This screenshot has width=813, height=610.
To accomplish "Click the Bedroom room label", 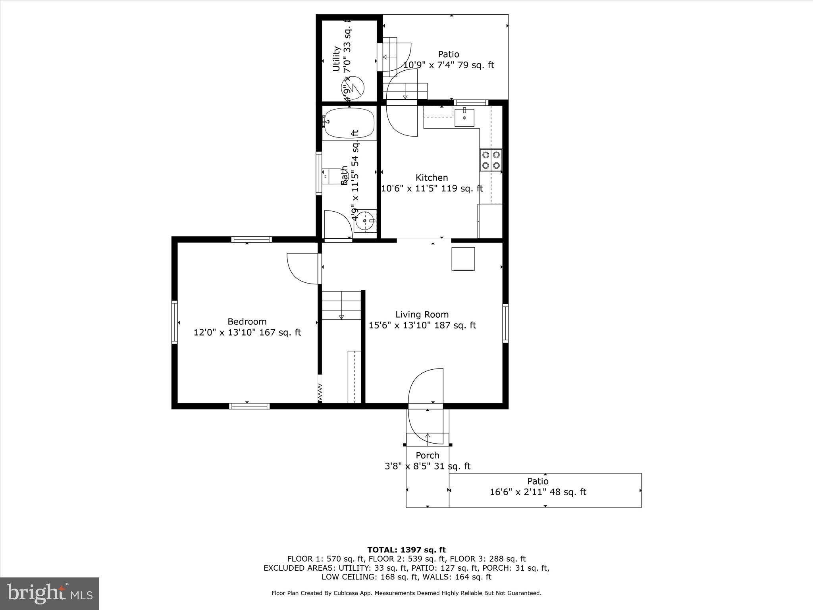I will (247, 321).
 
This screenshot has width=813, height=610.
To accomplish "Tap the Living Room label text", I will (422, 315).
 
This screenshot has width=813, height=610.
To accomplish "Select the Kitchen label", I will (432, 178).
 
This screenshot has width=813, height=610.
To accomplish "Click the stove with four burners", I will (491, 160).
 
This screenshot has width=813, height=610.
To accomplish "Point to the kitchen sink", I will (464, 117).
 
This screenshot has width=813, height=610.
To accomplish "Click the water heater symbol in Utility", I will (353, 87).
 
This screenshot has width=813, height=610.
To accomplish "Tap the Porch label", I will (427, 456).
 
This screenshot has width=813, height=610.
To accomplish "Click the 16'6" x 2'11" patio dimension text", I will (538, 492).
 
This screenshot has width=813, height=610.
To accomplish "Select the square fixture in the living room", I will (463, 259).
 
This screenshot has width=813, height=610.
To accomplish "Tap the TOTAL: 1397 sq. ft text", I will (406, 550).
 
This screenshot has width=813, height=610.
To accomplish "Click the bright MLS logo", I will (50, 594).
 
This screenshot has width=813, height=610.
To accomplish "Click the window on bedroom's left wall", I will (174, 322).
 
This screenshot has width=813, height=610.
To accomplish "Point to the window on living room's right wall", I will (505, 323).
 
